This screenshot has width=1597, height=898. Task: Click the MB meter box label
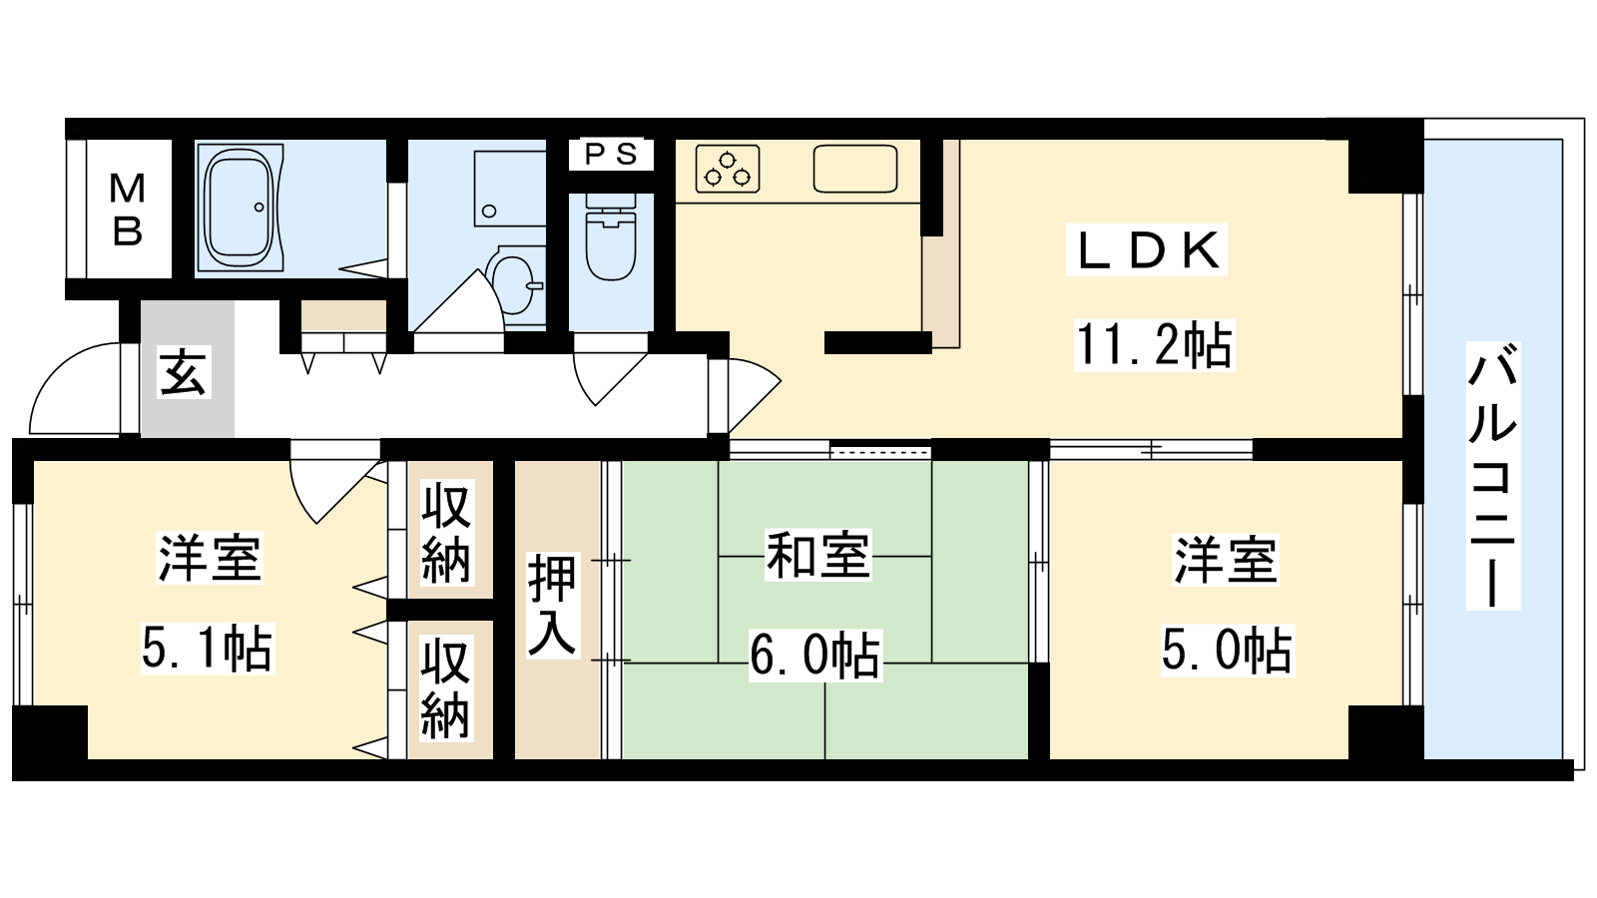coord(128,210)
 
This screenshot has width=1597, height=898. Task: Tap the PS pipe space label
coord(611,154)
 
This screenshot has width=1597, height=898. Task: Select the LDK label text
coord(1147,250)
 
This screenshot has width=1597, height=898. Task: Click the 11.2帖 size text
coord(1154,345)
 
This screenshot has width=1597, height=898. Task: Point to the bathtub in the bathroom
coord(240,208)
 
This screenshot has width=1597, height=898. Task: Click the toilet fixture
coord(610,236)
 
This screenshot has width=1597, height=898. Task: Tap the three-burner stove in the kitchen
coord(728,169)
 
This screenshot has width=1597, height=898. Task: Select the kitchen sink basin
coord(855,169)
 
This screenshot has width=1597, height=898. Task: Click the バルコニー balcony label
coord(1493,475)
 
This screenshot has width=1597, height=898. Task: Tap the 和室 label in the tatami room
coord(817,555)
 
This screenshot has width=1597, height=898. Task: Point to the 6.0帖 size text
coord(815,655)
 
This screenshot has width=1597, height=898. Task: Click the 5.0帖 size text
coord(1228,650)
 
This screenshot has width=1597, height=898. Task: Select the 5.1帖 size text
coord(208,648)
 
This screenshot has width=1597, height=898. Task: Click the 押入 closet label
coord(552,605)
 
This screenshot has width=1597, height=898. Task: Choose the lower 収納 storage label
coord(446,688)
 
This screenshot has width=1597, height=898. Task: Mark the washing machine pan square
coord(510,188)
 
